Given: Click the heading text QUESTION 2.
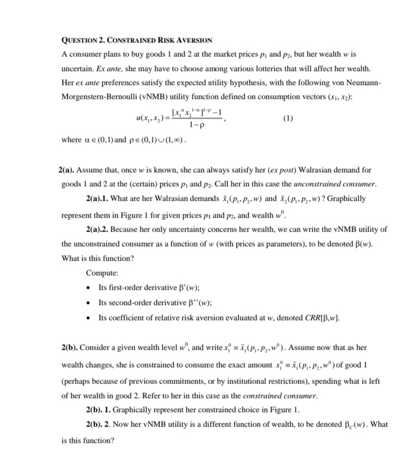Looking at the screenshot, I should coord(85,40).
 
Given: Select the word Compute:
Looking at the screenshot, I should coord(102,273).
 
